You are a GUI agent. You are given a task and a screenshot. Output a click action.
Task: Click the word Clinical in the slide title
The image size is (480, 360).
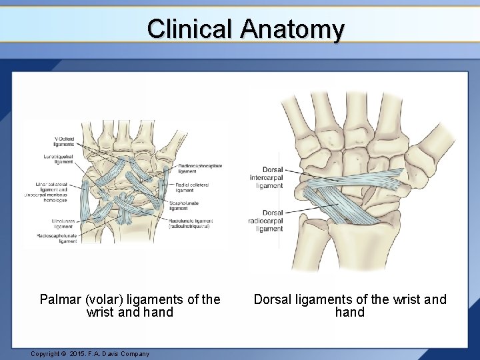coord(189,29)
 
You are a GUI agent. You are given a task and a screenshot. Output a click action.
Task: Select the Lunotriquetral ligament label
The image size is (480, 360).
coord(64,159)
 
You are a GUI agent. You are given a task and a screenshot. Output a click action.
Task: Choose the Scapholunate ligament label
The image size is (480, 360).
coord(183,205)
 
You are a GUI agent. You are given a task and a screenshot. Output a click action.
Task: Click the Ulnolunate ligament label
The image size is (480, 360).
coord(63,223)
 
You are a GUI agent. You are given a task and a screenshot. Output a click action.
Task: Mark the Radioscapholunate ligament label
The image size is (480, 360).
coord(59,239)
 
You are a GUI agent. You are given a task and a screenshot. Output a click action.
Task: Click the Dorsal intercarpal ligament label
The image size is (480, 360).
coord(269,179)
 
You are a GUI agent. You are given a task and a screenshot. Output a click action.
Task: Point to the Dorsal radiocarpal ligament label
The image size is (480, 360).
coord(271,221)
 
